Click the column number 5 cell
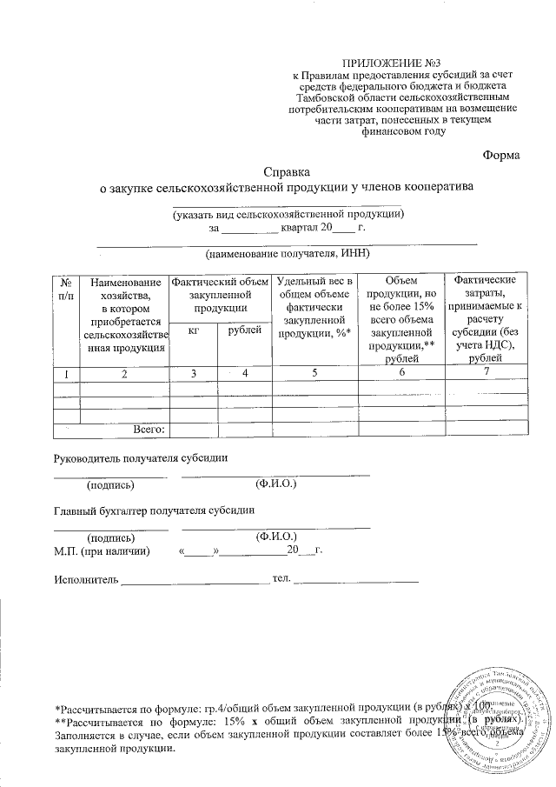[x=314, y=373]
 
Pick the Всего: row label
[x=149, y=428]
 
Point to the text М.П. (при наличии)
[x=102, y=550]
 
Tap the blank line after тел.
[x=357, y=579]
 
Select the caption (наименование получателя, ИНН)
[x=288, y=254]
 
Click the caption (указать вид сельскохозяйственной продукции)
[x=288, y=213]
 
